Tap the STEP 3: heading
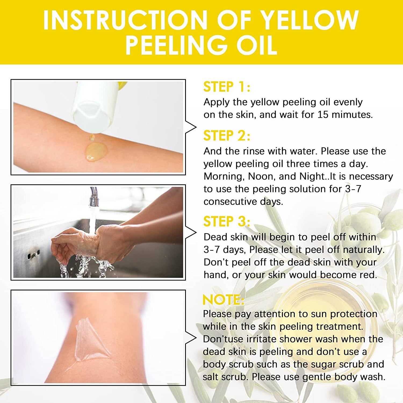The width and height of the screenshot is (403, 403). pyautogui.click(x=226, y=222)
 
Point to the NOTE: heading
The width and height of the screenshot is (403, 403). pyautogui.click(x=223, y=300)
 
